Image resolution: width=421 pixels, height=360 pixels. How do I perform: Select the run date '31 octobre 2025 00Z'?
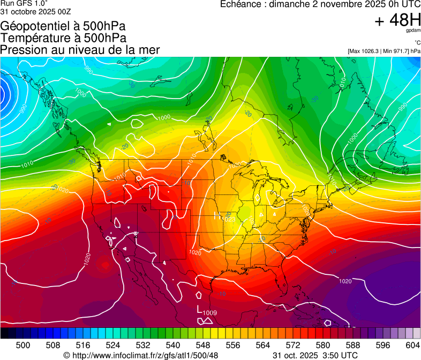[x=36, y=11]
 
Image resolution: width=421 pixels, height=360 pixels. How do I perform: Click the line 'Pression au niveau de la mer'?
[x=80, y=50]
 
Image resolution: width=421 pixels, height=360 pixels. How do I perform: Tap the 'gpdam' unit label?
[x=414, y=32]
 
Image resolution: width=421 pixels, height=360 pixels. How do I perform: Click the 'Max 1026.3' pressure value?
[x=364, y=51]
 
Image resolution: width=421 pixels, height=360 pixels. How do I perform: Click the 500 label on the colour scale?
[x=22, y=344]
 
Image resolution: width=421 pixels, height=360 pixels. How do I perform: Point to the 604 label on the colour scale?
[x=412, y=344]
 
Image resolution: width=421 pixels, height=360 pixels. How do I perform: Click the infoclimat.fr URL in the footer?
[x=145, y=355]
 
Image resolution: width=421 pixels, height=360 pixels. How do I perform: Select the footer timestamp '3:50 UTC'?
[x=341, y=355]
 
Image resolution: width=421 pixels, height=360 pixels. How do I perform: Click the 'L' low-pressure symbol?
[x=199, y=310]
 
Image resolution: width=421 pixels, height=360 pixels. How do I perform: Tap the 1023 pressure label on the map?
[x=229, y=219]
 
